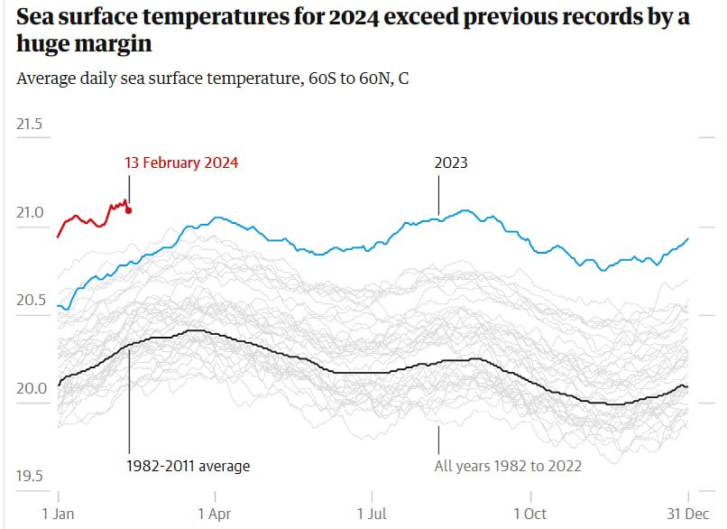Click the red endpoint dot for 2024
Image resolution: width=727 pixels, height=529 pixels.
(129, 210)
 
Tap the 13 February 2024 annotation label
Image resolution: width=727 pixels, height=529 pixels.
(181, 163)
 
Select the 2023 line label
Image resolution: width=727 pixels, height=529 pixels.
(451, 163)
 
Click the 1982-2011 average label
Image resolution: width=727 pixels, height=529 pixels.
(188, 466)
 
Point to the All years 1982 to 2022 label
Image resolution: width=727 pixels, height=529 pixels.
(508, 466)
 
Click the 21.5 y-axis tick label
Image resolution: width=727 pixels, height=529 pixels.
(30, 125)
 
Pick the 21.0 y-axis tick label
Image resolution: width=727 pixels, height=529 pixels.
(30, 213)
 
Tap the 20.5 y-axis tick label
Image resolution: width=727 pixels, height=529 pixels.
(30, 301)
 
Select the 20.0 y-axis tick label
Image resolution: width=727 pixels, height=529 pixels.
(30, 389)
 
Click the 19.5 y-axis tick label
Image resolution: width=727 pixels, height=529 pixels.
(30, 477)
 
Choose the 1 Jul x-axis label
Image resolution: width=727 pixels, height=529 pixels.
(373, 513)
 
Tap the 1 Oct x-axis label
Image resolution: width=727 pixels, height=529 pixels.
(530, 513)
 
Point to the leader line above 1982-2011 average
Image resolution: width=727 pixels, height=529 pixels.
(129, 397)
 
